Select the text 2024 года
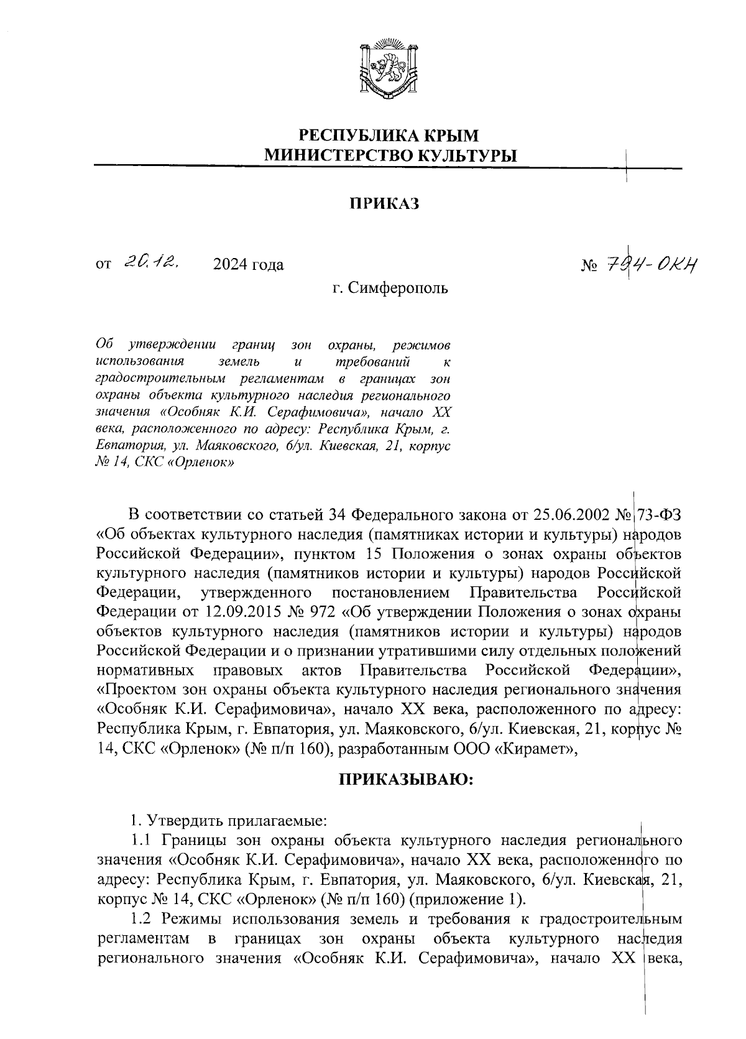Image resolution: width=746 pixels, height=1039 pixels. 248,266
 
